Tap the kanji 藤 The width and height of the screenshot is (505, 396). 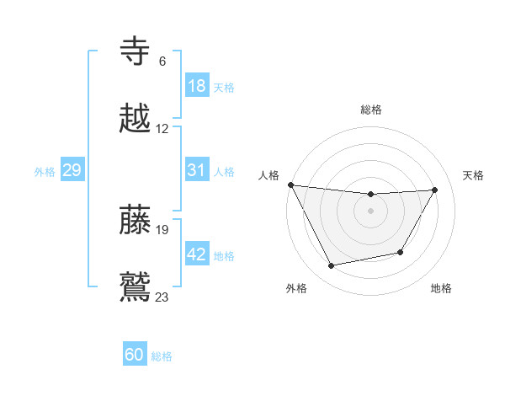[136, 219]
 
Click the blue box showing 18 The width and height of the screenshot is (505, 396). [196, 86]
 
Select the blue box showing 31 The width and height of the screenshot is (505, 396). [196, 170]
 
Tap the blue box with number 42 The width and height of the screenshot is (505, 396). [196, 254]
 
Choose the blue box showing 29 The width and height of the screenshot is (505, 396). [72, 170]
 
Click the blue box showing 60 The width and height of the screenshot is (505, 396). [135, 355]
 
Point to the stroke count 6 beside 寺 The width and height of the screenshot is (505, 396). [162, 62]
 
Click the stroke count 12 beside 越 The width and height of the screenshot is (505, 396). [162, 129]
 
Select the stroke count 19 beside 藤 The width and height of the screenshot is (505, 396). [162, 229]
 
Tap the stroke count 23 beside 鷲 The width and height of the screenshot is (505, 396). [162, 296]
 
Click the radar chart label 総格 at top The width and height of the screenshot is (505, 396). [371, 109]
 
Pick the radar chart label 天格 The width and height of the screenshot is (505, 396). [473, 174]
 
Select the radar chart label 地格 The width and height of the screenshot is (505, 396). [441, 288]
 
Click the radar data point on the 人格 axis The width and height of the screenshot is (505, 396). [290, 185]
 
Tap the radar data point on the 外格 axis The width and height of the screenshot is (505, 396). [331, 266]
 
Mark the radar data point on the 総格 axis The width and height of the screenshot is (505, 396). [371, 195]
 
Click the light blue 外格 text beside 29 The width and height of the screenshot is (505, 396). [45, 171]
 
